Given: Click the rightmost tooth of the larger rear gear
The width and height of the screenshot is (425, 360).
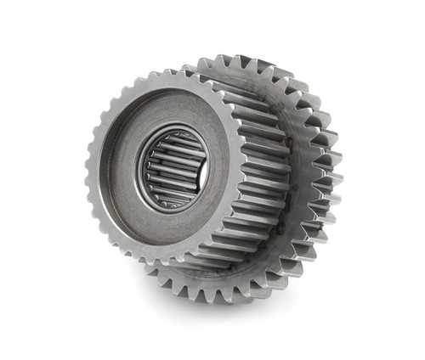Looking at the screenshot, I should coord(336,178).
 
